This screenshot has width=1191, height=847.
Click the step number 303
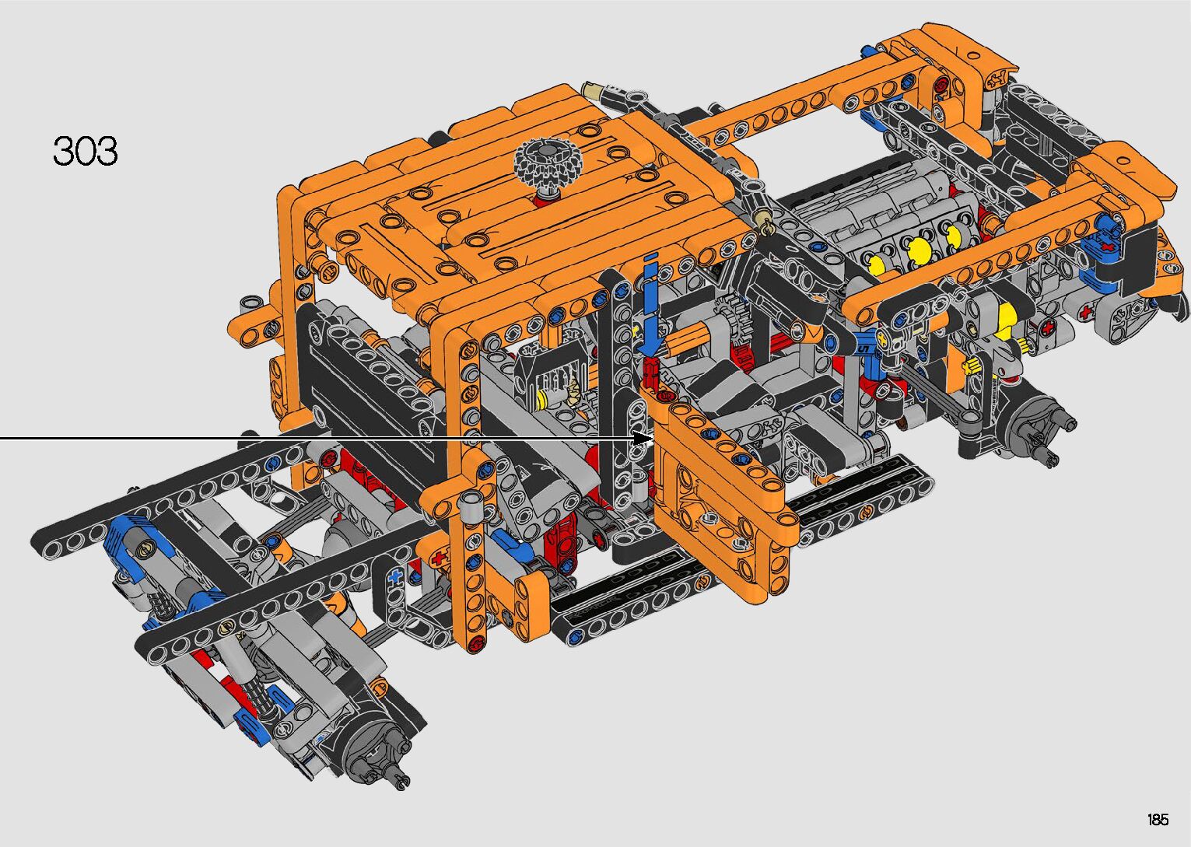(85, 150)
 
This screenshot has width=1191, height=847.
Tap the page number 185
(1158, 819)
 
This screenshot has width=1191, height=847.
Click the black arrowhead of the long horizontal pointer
(643, 439)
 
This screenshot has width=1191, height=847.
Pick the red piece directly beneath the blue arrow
(651, 373)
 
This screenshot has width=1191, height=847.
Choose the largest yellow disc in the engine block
(920, 250)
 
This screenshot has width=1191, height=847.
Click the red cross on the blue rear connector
(1108, 247)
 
